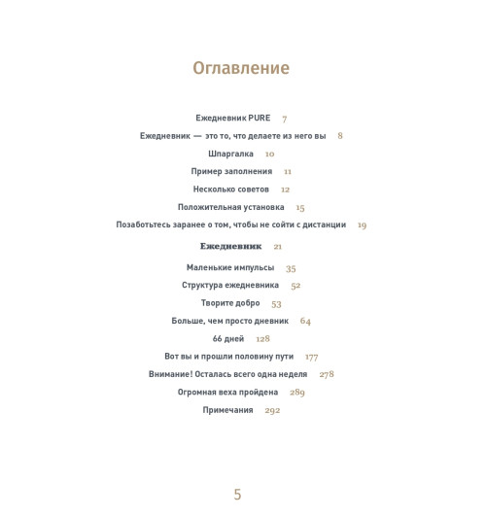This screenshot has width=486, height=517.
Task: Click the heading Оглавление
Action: click(x=241, y=68)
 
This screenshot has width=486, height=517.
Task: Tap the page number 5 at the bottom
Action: click(x=237, y=495)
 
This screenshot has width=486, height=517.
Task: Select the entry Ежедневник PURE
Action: click(x=233, y=119)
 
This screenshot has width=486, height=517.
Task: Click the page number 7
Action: click(x=285, y=119)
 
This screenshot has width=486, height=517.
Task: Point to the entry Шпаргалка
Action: click(x=230, y=154)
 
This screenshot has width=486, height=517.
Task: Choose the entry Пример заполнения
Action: click(x=231, y=172)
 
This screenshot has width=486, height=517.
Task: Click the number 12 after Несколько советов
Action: click(x=286, y=190)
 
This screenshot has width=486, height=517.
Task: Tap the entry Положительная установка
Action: click(x=230, y=207)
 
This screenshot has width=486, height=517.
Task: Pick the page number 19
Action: click(x=362, y=224)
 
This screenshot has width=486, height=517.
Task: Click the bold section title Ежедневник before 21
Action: click(x=230, y=246)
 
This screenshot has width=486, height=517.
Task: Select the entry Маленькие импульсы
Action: click(x=230, y=268)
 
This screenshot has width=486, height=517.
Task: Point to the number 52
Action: click(x=295, y=286)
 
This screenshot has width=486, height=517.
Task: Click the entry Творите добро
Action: click(x=230, y=303)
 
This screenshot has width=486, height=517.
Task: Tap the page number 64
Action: click(x=305, y=321)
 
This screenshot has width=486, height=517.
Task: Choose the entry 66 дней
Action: click(x=228, y=339)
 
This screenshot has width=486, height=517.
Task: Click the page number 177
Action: click(x=311, y=357)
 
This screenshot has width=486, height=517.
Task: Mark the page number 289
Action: click(x=297, y=393)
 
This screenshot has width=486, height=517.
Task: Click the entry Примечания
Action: click(x=227, y=410)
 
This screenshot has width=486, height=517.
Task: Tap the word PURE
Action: click(x=258, y=119)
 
